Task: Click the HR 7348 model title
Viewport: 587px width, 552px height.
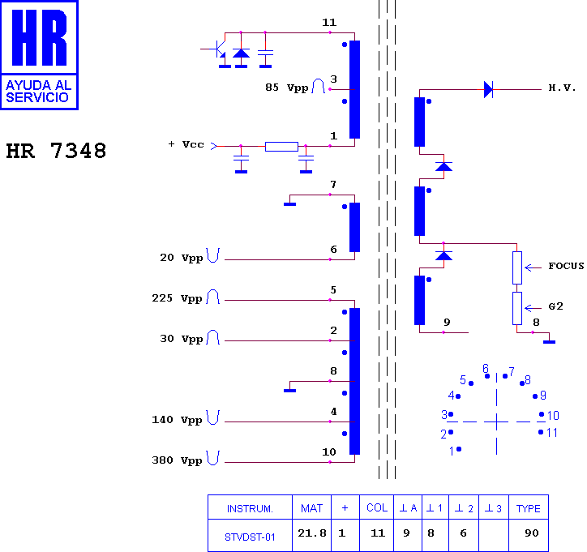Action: (x=56, y=151)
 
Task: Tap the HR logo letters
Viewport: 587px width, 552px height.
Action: (x=39, y=37)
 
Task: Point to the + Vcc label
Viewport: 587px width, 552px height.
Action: (x=186, y=144)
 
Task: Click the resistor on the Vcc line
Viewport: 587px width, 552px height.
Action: (x=281, y=147)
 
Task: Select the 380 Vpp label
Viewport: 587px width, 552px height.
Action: (x=177, y=460)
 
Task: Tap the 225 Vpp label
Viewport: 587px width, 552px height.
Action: (x=177, y=298)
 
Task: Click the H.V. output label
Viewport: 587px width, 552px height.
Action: (x=562, y=88)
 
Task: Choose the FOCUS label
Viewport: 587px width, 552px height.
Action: (x=566, y=266)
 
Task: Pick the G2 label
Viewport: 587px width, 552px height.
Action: (x=555, y=306)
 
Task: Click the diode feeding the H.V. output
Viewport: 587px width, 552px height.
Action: (x=489, y=90)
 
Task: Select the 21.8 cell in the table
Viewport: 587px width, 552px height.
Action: (x=312, y=533)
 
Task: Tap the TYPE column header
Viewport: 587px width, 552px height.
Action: (x=529, y=508)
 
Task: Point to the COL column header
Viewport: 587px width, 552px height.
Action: (x=377, y=508)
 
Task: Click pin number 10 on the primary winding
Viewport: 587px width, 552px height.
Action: (x=329, y=452)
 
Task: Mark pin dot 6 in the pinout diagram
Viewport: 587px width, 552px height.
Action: (x=487, y=376)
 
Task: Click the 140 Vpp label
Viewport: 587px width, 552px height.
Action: (x=177, y=420)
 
